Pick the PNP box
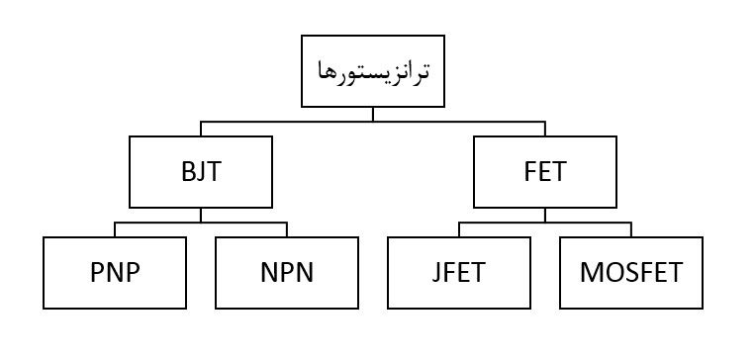(x=115, y=272)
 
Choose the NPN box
(x=286, y=272)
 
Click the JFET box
(x=459, y=272)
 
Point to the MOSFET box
(x=631, y=272)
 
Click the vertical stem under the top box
(x=372, y=113)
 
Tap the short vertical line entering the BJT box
(x=201, y=129)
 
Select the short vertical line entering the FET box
(x=543, y=129)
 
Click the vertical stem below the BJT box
(x=201, y=215)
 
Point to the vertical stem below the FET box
(x=543, y=215)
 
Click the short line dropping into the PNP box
(x=115, y=230)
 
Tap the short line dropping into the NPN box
(x=286, y=230)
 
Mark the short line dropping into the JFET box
(x=459, y=230)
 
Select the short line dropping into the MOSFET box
(x=631, y=230)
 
